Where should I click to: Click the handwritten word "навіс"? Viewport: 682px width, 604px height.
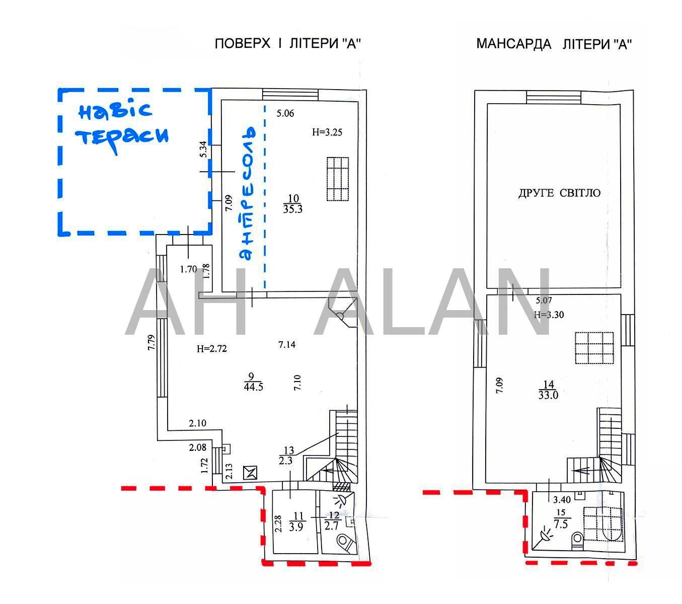pos(115,111)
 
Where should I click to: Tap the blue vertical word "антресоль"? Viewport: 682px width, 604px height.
pos(248,193)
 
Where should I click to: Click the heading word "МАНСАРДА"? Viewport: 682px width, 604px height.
pos(513,44)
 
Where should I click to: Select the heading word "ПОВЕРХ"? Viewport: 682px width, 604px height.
pos(243,44)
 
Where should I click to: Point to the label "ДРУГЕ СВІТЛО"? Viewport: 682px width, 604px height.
pos(559,193)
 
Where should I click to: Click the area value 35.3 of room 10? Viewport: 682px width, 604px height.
pos(292,209)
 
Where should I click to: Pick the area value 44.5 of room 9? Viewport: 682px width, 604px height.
pos(253,387)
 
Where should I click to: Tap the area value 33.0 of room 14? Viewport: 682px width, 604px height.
pos(548,395)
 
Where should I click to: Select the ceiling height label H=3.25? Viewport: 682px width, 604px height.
pos(327,132)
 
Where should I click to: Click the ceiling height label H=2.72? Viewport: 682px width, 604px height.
pos(212,348)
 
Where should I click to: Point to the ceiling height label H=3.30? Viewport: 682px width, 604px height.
pos(549,315)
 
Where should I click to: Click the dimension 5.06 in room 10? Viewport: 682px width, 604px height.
pos(285,113)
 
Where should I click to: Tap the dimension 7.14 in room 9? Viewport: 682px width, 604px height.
pos(287,344)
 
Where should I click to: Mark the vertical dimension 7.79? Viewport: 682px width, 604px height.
pos(151,342)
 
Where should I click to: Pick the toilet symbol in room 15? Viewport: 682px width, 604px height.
pos(577,541)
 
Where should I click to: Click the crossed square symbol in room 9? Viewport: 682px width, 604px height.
pos(250,472)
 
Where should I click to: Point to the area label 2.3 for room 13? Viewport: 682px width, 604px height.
pos(285,461)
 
